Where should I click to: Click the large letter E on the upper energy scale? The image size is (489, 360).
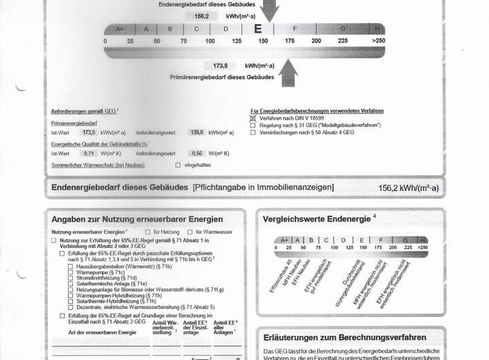click(257, 29)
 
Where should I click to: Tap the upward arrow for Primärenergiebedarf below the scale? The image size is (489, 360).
click(288, 72)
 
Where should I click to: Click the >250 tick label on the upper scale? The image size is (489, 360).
click(378, 41)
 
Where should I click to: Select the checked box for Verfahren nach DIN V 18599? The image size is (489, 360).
click(253, 118)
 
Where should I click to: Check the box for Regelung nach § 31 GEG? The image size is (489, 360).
click(253, 126)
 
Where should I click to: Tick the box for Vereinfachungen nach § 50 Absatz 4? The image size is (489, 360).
click(253, 133)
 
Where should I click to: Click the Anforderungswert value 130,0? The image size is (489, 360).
click(196, 132)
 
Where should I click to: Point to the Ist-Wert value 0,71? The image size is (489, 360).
click(89, 154)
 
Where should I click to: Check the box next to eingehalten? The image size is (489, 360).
click(178, 165)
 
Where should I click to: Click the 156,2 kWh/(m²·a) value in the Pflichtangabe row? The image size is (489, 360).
click(408, 188)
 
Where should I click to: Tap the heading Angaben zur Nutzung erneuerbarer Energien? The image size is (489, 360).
click(137, 219)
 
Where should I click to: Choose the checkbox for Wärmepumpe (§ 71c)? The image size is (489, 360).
click(71, 272)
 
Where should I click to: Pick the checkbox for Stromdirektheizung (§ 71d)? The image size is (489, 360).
click(71, 278)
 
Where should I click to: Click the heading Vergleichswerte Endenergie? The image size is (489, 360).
click(316, 219)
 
